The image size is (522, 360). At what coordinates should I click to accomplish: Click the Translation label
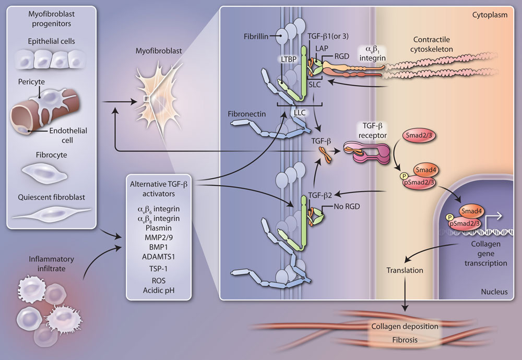point(404,271)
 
